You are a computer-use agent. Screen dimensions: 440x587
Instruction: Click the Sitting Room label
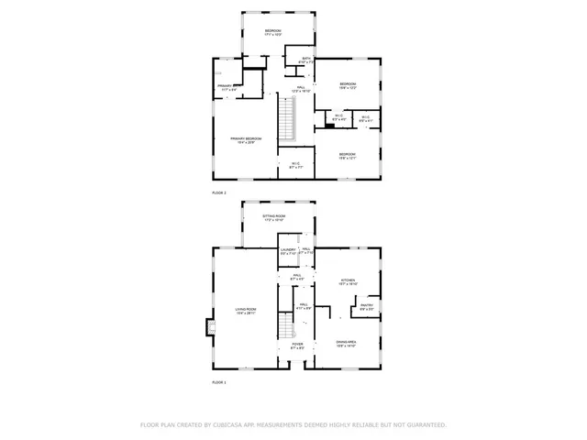(x=273, y=217)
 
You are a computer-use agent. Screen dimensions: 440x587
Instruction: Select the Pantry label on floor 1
(x=366, y=307)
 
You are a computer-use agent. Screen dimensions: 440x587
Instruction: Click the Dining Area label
(x=346, y=343)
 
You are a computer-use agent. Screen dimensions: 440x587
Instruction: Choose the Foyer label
(x=296, y=346)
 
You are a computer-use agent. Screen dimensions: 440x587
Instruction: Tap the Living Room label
(x=245, y=311)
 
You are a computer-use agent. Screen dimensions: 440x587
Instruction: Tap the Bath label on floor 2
(x=307, y=60)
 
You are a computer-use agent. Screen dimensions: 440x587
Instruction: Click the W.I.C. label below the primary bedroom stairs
(x=296, y=165)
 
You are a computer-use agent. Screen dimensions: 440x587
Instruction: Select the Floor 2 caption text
(x=218, y=193)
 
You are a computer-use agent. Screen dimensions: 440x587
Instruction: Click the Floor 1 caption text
(x=218, y=381)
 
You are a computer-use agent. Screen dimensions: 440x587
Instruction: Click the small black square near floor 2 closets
(x=327, y=126)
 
